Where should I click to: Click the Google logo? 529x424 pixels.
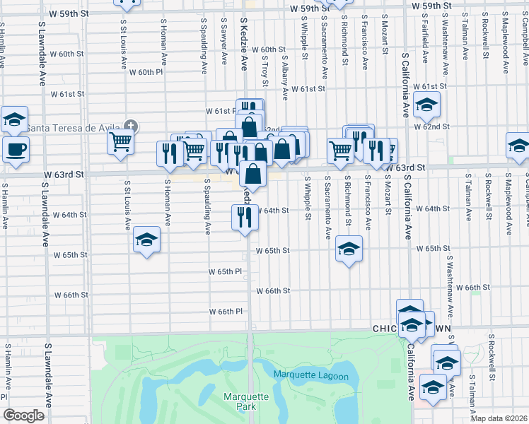click(23, 416)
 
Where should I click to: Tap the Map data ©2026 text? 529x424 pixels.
click(498, 418)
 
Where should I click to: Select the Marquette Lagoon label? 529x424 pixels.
click(311, 376)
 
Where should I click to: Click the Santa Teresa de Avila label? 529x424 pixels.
click(74, 128)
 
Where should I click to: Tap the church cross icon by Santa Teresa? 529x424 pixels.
click(129, 127)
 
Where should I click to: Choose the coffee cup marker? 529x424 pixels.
click(16, 149)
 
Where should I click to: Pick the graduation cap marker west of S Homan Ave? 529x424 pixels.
click(146, 240)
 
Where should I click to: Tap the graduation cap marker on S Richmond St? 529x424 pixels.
click(348, 249)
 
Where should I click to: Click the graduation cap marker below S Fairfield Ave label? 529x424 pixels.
click(426, 105)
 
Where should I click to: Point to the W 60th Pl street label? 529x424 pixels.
click(146, 72)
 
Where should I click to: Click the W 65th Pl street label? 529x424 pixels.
click(226, 271)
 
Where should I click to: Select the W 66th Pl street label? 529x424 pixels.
click(226, 312)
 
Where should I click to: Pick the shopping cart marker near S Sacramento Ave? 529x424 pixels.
click(341, 150)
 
